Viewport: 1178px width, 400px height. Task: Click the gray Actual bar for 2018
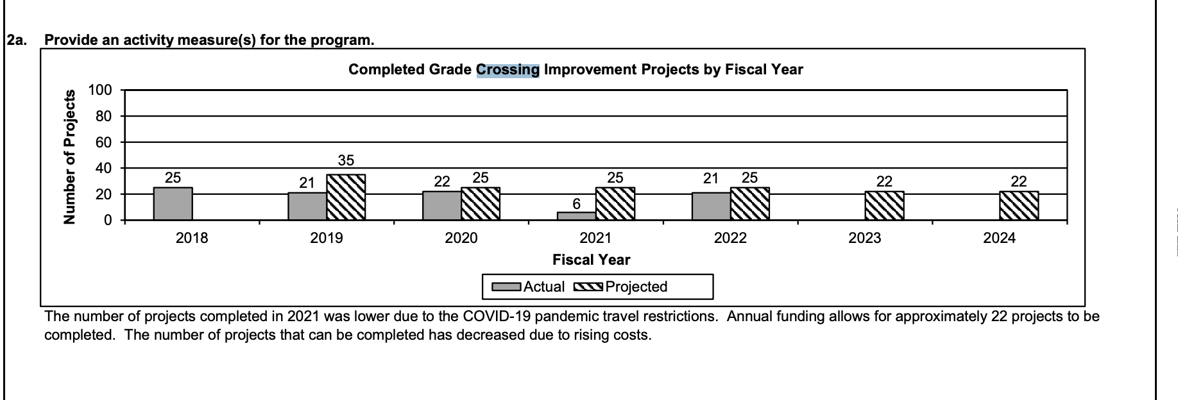[173, 204]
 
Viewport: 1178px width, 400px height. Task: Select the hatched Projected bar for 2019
[346, 197]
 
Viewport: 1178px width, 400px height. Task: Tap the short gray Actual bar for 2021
[576, 216]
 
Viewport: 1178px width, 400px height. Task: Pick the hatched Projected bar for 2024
[1018, 206]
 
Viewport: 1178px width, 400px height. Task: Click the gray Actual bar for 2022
[711, 206]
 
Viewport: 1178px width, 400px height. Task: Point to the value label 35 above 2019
[346, 160]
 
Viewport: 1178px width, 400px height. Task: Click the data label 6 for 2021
[576, 204]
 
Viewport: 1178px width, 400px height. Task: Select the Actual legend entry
[529, 287]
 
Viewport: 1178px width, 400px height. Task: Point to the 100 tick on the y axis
[100, 90]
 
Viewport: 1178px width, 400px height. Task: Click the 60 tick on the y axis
[103, 142]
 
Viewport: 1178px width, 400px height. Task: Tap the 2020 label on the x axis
[461, 238]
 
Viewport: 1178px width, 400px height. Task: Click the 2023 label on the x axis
[864, 238]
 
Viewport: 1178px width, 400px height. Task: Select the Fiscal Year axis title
[591, 260]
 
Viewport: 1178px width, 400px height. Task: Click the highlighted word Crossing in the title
[508, 69]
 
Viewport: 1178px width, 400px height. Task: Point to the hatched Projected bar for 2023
[884, 206]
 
